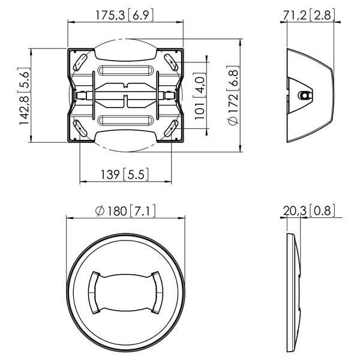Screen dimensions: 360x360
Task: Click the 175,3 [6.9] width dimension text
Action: pos(124,16)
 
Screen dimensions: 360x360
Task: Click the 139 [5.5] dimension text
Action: pos(125,175)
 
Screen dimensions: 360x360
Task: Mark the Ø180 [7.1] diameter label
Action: pos(125,211)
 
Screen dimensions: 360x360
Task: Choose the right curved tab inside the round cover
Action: pos(157,292)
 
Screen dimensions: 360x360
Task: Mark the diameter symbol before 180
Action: pos(100,211)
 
